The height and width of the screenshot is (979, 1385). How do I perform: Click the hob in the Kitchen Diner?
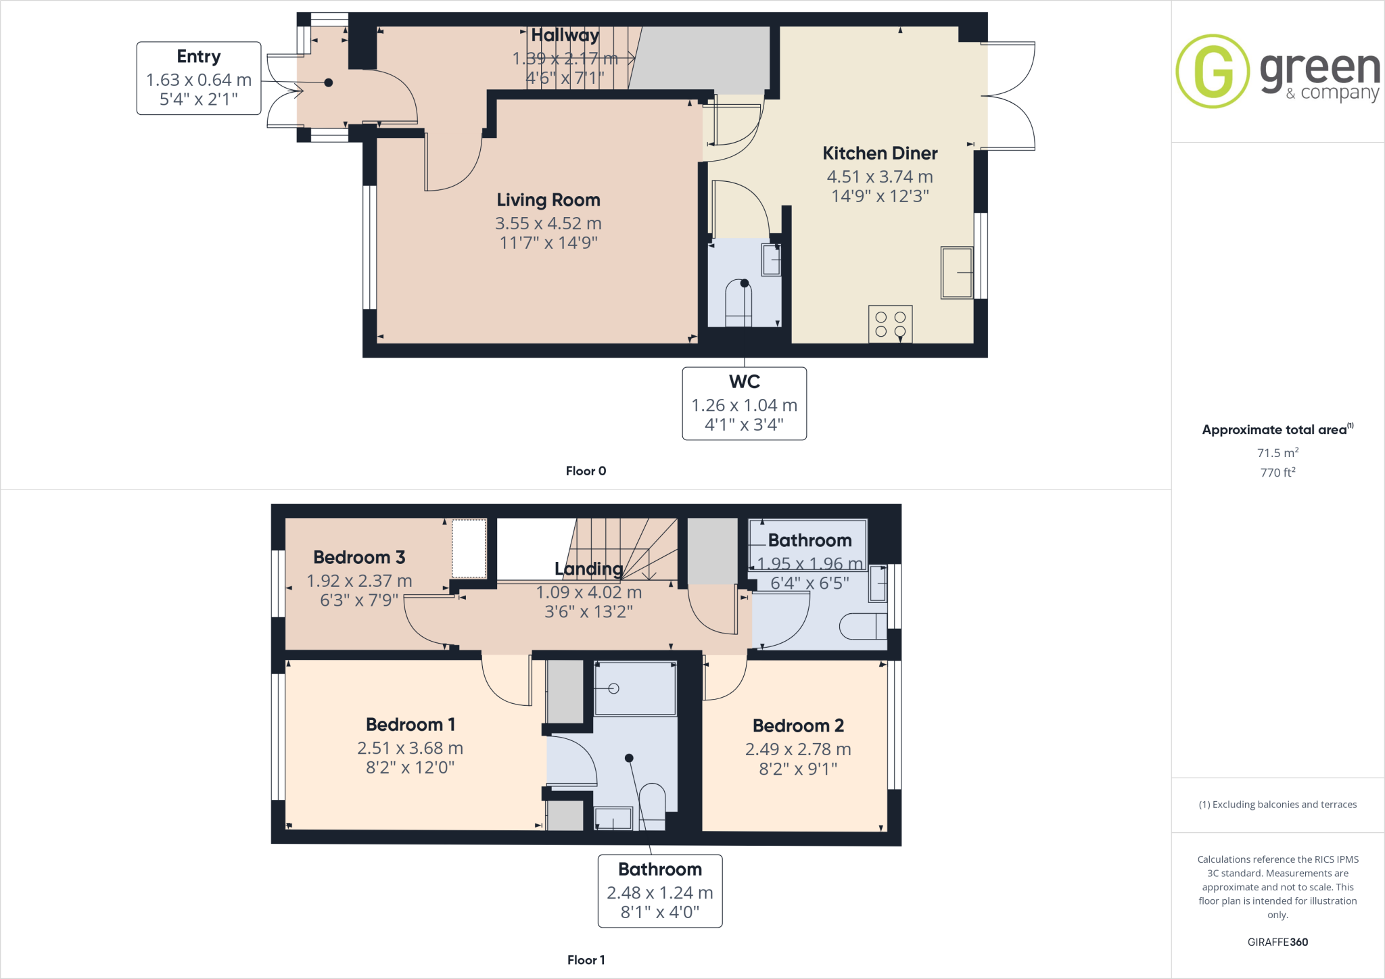(x=890, y=324)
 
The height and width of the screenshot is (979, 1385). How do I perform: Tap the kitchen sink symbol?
(x=956, y=273)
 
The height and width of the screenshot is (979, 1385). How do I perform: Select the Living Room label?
(x=548, y=200)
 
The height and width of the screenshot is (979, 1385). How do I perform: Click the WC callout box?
(x=744, y=404)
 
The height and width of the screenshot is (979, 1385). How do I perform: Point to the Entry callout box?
(x=199, y=78)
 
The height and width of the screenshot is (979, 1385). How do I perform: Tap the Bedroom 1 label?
(x=410, y=725)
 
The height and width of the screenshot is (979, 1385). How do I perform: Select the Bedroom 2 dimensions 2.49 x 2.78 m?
(x=798, y=749)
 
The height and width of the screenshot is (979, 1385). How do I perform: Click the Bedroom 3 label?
(x=359, y=557)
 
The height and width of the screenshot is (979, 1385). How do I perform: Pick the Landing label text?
(x=588, y=569)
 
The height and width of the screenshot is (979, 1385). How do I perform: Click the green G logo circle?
(x=1213, y=71)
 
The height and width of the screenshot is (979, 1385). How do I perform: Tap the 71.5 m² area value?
(x=1277, y=452)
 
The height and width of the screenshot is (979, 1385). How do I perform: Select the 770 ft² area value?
(x=1277, y=472)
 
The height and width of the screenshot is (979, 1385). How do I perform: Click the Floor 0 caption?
(x=586, y=471)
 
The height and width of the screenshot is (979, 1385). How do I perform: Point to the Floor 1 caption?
(x=586, y=960)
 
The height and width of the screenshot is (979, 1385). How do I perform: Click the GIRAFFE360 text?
(x=1277, y=942)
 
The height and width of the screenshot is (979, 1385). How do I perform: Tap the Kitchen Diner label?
(x=880, y=153)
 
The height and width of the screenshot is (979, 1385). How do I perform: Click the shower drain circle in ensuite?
(x=613, y=689)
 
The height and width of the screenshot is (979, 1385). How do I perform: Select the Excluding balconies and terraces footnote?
(x=1277, y=805)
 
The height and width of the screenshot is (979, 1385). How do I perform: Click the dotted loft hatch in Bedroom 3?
(x=469, y=548)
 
